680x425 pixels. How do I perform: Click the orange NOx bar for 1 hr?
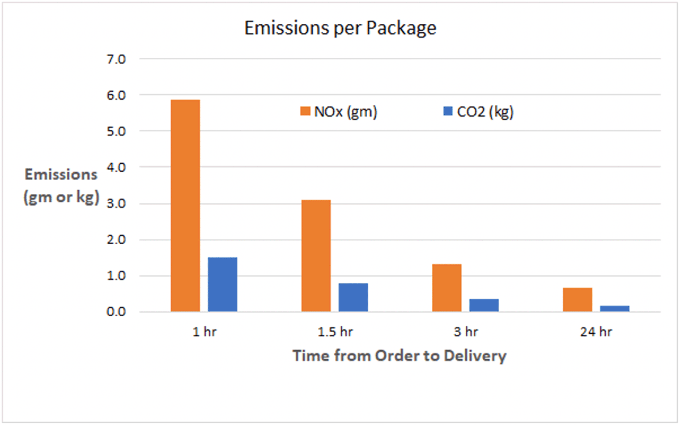coord(185,206)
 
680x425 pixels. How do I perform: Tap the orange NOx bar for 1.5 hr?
coord(316,256)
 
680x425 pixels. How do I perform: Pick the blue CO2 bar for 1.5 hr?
coord(353,297)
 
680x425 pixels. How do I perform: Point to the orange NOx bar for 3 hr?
coord(447,288)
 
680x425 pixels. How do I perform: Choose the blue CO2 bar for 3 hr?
coord(484,305)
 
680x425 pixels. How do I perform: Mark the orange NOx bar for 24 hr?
coord(577,300)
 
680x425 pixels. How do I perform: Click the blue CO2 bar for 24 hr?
coord(615,309)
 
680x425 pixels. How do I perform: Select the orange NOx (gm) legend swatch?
coord(306,112)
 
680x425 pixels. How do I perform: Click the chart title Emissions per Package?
coord(340,28)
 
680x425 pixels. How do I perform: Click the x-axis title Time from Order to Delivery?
coord(399,356)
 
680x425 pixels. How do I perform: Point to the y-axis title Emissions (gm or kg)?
coord(61,186)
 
